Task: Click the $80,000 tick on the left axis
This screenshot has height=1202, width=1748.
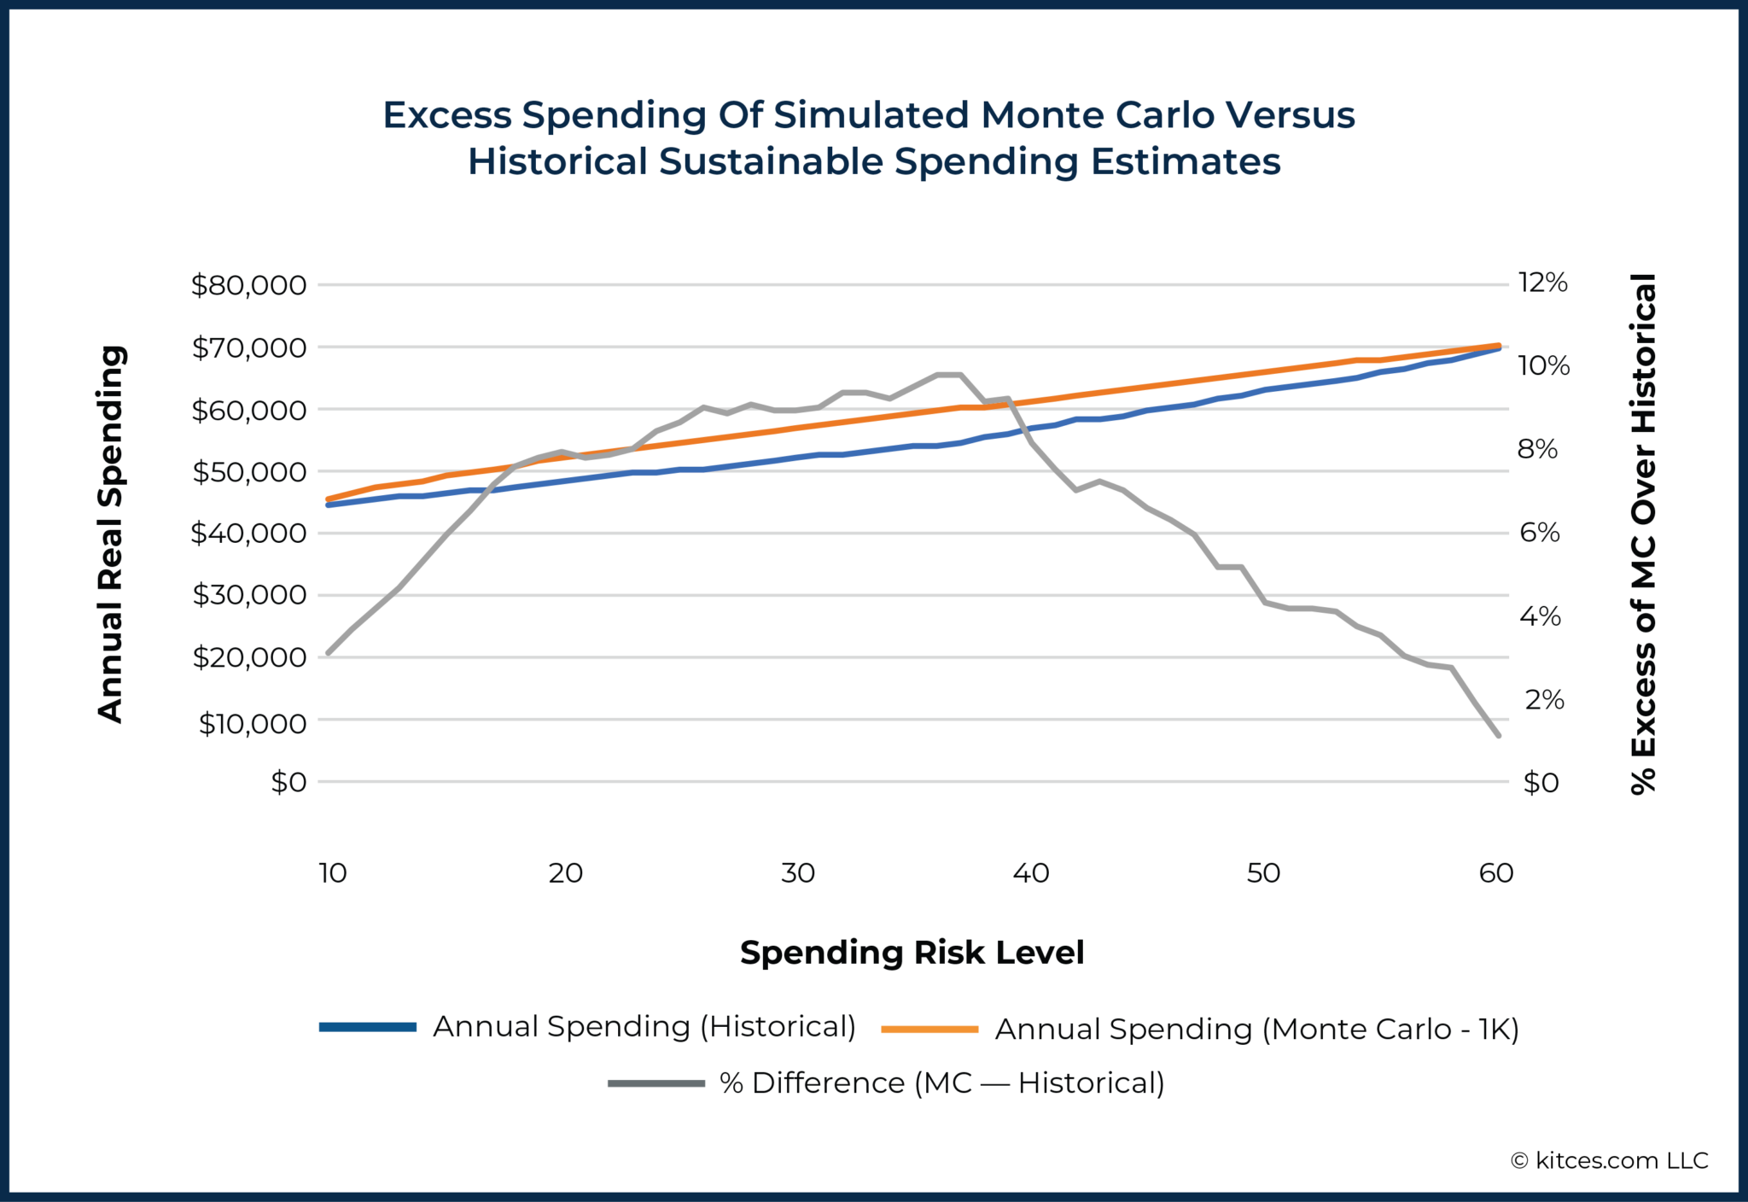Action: click(x=248, y=285)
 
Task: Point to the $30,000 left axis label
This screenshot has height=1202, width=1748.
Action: click(x=248, y=595)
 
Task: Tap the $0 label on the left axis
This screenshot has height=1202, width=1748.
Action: click(x=288, y=782)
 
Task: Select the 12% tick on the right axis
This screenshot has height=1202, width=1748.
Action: click(x=1542, y=283)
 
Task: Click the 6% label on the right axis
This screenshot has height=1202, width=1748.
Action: click(x=1539, y=533)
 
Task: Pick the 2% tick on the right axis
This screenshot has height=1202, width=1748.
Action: click(x=1544, y=700)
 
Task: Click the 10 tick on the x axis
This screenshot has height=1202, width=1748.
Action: click(x=332, y=873)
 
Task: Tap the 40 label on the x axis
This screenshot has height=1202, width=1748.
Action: click(x=1030, y=873)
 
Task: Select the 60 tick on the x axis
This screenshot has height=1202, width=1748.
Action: click(x=1495, y=873)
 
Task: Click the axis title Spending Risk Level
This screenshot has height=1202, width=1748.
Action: click(x=912, y=953)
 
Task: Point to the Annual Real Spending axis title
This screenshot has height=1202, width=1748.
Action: click(x=112, y=534)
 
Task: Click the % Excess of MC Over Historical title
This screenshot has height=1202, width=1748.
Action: click(x=1643, y=534)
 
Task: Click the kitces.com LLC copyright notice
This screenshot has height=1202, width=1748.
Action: click(x=1609, y=1161)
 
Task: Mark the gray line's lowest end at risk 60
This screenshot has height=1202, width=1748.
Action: click(x=1498, y=735)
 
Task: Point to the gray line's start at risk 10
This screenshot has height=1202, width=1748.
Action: click(x=329, y=653)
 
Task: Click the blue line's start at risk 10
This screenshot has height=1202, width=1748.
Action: click(x=329, y=505)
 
